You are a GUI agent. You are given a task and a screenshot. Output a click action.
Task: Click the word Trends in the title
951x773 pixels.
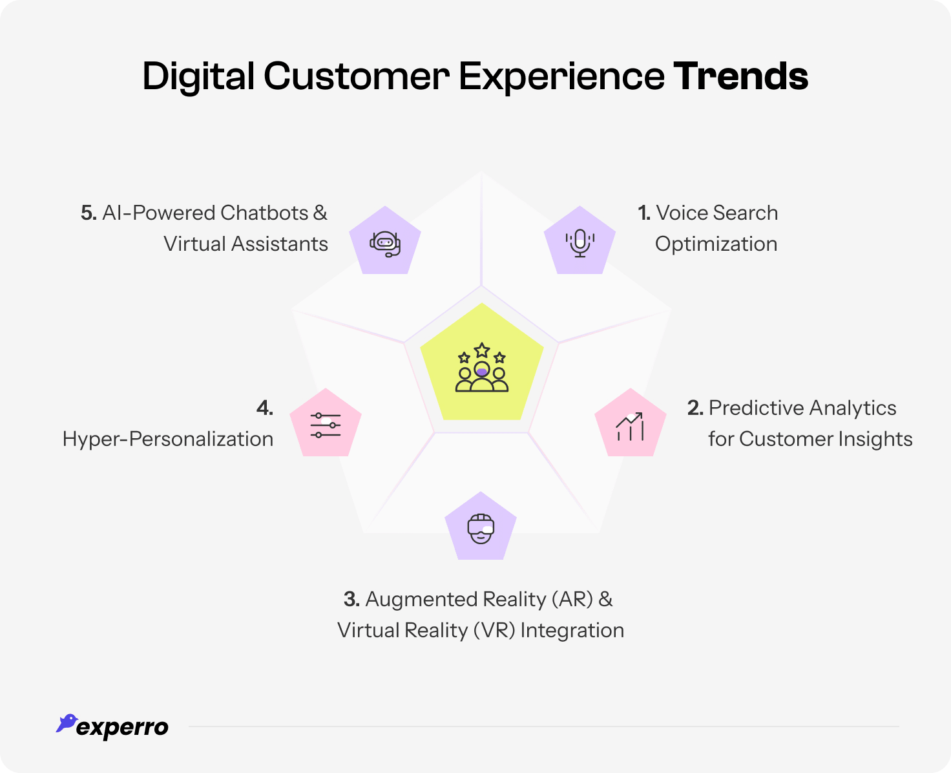[x=740, y=76]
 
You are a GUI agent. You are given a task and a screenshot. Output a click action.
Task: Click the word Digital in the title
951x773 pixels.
[x=198, y=76]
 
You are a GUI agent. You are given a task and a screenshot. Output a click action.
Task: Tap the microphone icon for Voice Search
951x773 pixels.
[x=580, y=242]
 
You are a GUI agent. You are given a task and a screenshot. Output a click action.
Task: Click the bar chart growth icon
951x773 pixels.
[x=630, y=427]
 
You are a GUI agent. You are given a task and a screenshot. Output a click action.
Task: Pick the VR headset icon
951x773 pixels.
[x=481, y=529]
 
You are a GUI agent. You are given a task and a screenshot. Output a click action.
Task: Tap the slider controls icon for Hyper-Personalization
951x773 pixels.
[x=325, y=425]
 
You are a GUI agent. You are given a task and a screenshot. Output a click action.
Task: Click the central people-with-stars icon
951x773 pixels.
[x=482, y=368]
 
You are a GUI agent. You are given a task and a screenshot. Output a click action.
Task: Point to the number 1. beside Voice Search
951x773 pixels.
[x=644, y=213]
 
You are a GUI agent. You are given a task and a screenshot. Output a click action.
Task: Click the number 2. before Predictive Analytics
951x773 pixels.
[x=695, y=408]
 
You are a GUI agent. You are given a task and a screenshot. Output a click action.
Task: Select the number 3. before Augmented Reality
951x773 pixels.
[x=351, y=599]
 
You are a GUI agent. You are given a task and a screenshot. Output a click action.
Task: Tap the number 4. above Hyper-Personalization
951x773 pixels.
[x=265, y=408]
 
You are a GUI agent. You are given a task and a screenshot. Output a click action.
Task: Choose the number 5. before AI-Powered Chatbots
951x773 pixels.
[x=89, y=213]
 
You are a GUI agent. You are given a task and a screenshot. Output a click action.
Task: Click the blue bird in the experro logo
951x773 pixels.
[x=66, y=723]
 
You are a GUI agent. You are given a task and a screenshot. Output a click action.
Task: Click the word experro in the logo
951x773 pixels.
[x=122, y=728]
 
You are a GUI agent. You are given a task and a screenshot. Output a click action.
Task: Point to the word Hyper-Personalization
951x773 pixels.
[x=168, y=439]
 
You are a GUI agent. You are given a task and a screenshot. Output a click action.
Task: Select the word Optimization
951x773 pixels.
[x=716, y=244]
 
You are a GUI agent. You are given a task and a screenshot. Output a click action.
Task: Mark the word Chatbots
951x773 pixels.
[x=264, y=213]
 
